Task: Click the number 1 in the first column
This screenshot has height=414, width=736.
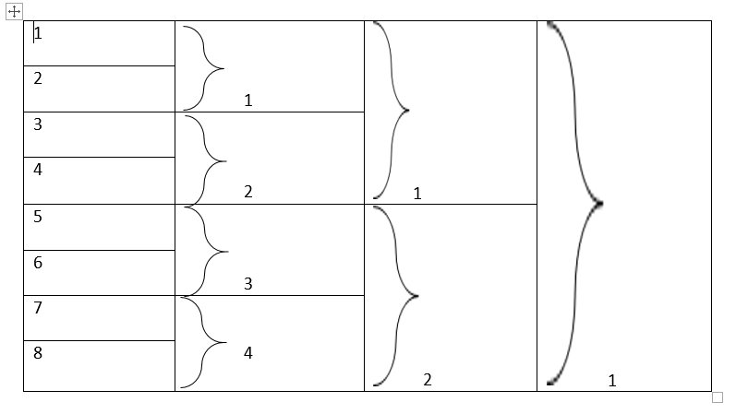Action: point(38,33)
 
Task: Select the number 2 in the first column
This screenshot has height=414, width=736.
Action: point(38,78)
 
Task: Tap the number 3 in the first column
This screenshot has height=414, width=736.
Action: point(38,124)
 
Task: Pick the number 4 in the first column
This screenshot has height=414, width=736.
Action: point(38,170)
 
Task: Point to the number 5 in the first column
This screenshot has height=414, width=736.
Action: point(38,217)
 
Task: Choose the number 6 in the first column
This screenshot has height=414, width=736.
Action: point(38,263)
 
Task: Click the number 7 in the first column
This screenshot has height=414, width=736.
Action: point(38,308)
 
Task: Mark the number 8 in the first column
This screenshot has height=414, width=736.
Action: point(38,353)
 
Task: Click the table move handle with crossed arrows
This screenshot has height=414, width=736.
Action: point(14,12)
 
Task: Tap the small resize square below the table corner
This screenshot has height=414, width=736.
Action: point(718,397)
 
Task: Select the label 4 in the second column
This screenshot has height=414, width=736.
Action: point(247,353)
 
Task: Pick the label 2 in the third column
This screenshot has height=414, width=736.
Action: point(427,380)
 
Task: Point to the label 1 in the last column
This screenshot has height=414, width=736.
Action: point(611,380)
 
